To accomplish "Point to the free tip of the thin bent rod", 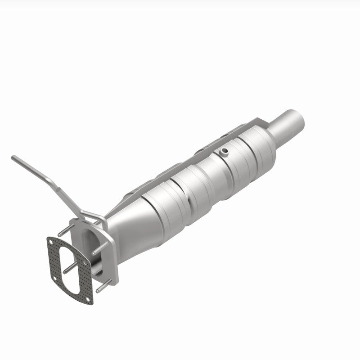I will pyautogui.click(x=13, y=157).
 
